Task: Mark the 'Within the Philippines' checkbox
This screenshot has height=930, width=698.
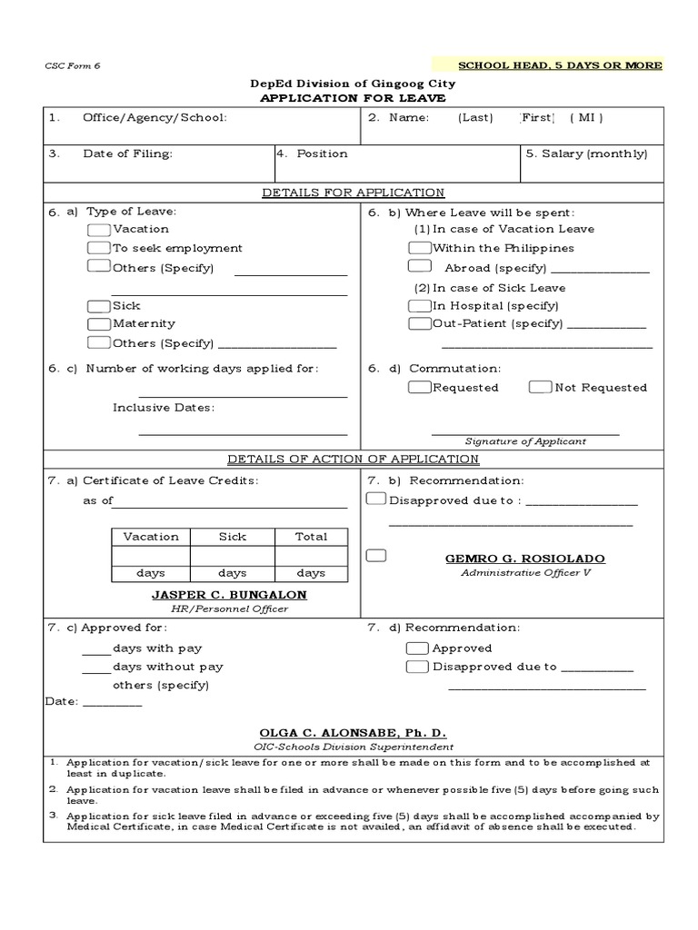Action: pyautogui.click(x=419, y=248)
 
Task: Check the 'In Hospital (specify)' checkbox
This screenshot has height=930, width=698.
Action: pyautogui.click(x=419, y=306)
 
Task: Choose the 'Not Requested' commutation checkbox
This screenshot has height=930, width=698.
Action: pyautogui.click(x=540, y=388)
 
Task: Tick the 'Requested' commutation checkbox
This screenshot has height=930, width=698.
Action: pyautogui.click(x=419, y=388)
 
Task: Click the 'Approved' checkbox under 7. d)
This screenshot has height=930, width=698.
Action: pyautogui.click(x=417, y=648)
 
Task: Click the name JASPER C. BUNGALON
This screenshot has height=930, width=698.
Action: pyautogui.click(x=229, y=595)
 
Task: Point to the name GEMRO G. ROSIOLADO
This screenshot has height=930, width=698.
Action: pyautogui.click(x=524, y=559)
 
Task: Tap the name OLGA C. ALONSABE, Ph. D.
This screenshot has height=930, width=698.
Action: pyautogui.click(x=353, y=733)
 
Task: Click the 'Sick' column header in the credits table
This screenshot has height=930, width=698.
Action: pyautogui.click(x=232, y=537)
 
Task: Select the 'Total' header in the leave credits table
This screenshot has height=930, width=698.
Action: pyautogui.click(x=311, y=537)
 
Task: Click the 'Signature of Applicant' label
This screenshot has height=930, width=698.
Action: pyautogui.click(x=525, y=441)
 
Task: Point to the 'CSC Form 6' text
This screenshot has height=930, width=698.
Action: pyautogui.click(x=68, y=65)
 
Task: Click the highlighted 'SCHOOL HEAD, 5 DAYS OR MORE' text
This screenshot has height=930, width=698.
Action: pyautogui.click(x=560, y=65)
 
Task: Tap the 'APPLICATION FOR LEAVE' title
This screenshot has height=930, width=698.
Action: pyautogui.click(x=353, y=98)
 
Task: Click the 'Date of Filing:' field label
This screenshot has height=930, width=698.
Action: pyautogui.click(x=127, y=154)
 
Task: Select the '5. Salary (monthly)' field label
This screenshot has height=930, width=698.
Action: pyautogui.click(x=586, y=154)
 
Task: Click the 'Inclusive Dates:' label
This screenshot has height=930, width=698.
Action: pyautogui.click(x=164, y=408)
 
